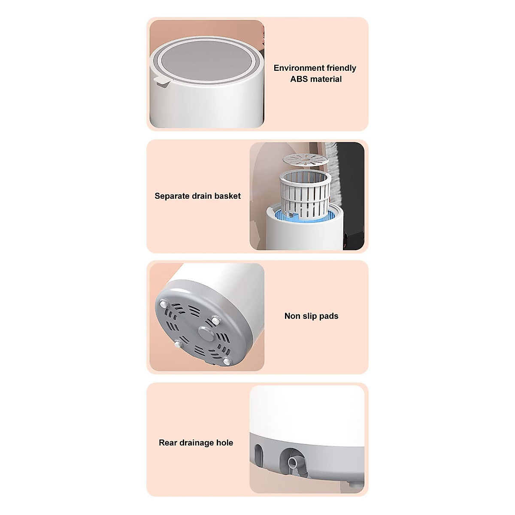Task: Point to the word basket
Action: pyautogui.click(x=227, y=196)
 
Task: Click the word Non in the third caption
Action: pyautogui.click(x=292, y=316)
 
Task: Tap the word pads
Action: pyautogui.click(x=329, y=316)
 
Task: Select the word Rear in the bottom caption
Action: pyautogui.click(x=168, y=442)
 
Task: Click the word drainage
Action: pyautogui.click(x=196, y=443)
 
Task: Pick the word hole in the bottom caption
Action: pyautogui.click(x=225, y=442)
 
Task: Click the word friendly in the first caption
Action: pyautogui.click(x=341, y=68)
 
